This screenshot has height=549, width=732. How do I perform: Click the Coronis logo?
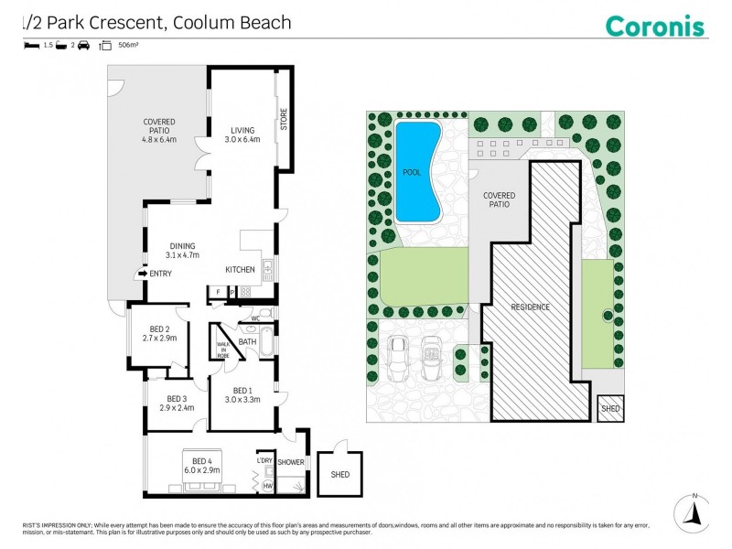(655, 25)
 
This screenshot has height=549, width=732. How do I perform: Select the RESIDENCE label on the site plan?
(530, 307)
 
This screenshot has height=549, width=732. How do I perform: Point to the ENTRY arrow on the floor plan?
(142, 273)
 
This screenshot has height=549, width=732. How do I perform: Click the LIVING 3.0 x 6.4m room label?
(243, 135)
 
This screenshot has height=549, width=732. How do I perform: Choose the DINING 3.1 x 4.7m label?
(183, 251)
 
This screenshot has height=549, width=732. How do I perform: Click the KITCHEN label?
(241, 269)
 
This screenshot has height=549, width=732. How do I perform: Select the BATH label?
(247, 341)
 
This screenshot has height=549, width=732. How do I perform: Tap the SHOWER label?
(291, 462)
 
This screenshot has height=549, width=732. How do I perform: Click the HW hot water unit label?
(268, 485)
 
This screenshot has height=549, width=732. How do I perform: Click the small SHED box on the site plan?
(609, 409)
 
